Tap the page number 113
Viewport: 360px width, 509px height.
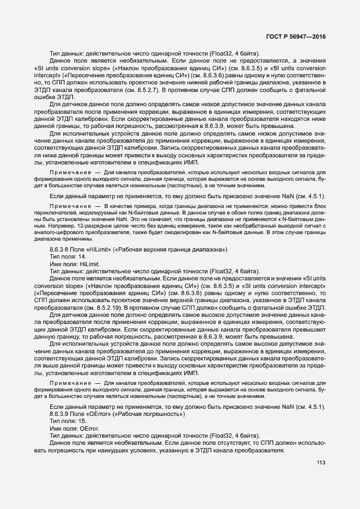click(320, 463)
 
